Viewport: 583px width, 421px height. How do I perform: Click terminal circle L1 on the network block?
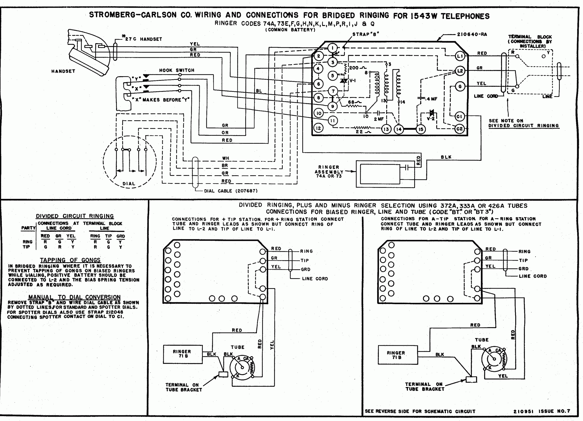click(x=460, y=56)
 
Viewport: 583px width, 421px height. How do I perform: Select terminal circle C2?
click(x=459, y=129)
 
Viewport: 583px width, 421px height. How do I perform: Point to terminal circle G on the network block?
click(x=460, y=86)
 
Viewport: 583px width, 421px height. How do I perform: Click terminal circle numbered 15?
click(x=421, y=129)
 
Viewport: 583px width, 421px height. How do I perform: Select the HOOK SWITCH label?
click(x=176, y=70)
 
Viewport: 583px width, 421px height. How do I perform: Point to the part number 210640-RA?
click(x=472, y=34)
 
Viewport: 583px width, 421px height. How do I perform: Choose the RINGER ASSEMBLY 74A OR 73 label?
click(x=329, y=171)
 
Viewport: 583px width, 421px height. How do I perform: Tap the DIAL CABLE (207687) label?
click(x=230, y=191)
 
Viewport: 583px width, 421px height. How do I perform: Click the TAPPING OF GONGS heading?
click(x=70, y=260)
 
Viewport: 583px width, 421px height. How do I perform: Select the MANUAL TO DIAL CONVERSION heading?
click(x=74, y=297)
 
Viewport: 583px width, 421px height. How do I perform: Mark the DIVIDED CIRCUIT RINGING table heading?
click(x=75, y=216)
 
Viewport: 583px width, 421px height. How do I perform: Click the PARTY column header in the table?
click(x=28, y=228)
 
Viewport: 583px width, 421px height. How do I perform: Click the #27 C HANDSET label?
click(x=142, y=39)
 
